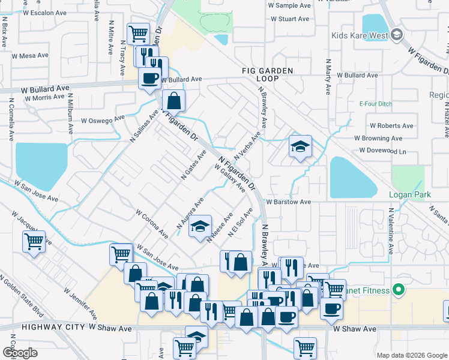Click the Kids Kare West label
359,35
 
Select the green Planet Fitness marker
399,291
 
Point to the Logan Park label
410,195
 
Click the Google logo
20,352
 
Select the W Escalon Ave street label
44,13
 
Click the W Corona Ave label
151,223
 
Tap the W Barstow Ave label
288,202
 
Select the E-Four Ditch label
375,103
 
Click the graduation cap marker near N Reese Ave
200,227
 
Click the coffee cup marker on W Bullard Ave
149,77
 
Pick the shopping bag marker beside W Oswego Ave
173,100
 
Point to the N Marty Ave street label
328,77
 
